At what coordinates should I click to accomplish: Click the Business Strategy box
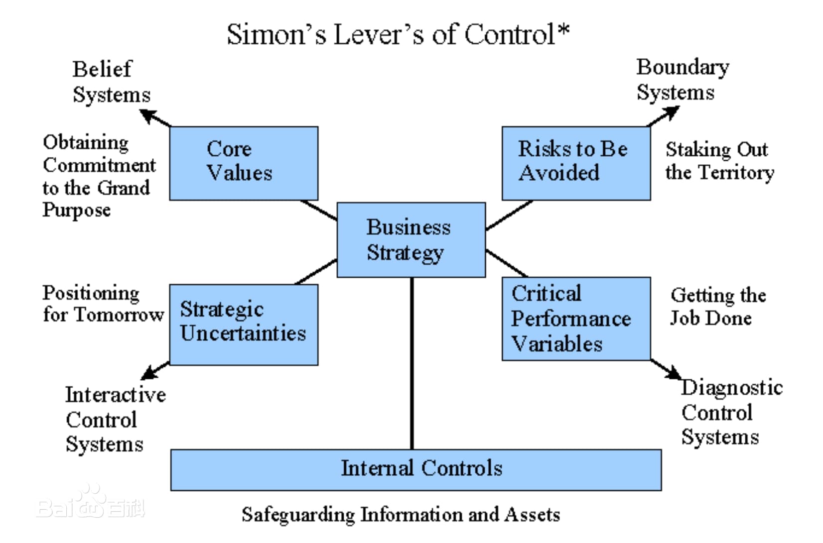[x=411, y=239]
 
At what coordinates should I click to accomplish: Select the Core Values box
[x=244, y=163]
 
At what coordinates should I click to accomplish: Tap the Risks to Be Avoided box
[x=576, y=163]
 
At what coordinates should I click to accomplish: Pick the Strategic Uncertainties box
[x=244, y=324]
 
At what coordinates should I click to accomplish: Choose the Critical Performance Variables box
[x=576, y=319]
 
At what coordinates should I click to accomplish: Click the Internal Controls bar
[x=416, y=469]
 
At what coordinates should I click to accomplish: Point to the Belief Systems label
[x=111, y=82]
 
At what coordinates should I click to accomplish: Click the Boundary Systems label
[x=682, y=80]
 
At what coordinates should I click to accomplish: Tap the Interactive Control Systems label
[x=115, y=419]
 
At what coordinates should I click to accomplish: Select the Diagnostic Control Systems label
[x=731, y=412]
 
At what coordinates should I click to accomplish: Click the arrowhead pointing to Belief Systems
[x=148, y=116]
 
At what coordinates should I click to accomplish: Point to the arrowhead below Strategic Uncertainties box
[x=149, y=373]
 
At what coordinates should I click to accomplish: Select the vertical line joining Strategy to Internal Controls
[x=412, y=363]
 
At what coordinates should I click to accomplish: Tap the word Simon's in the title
[x=276, y=35]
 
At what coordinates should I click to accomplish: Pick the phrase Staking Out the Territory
[x=719, y=161]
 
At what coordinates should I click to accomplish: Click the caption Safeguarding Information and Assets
[x=401, y=514]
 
